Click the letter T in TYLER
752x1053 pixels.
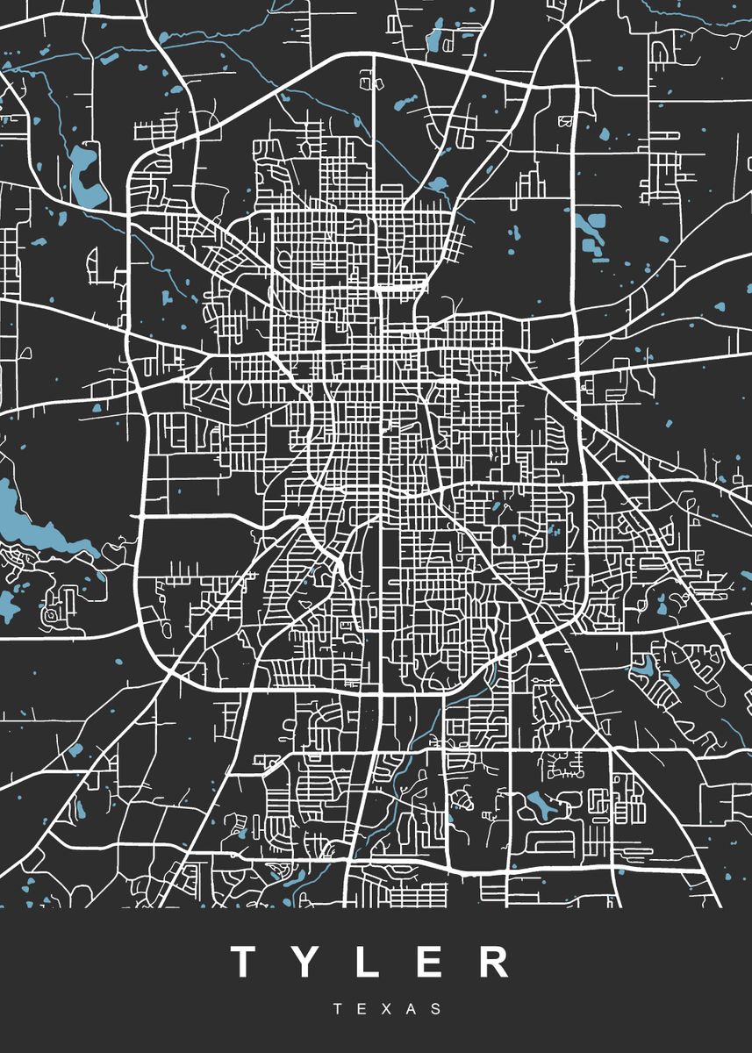point(245,963)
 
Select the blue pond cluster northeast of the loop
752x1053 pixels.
point(593,233)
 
